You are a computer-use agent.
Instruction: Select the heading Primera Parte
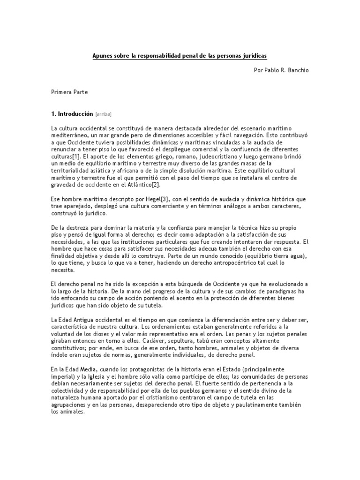pos(69,92)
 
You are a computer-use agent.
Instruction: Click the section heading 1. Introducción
pos(72,114)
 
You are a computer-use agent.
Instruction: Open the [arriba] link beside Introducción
pos(104,114)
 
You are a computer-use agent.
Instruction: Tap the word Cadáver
pos(159,341)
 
